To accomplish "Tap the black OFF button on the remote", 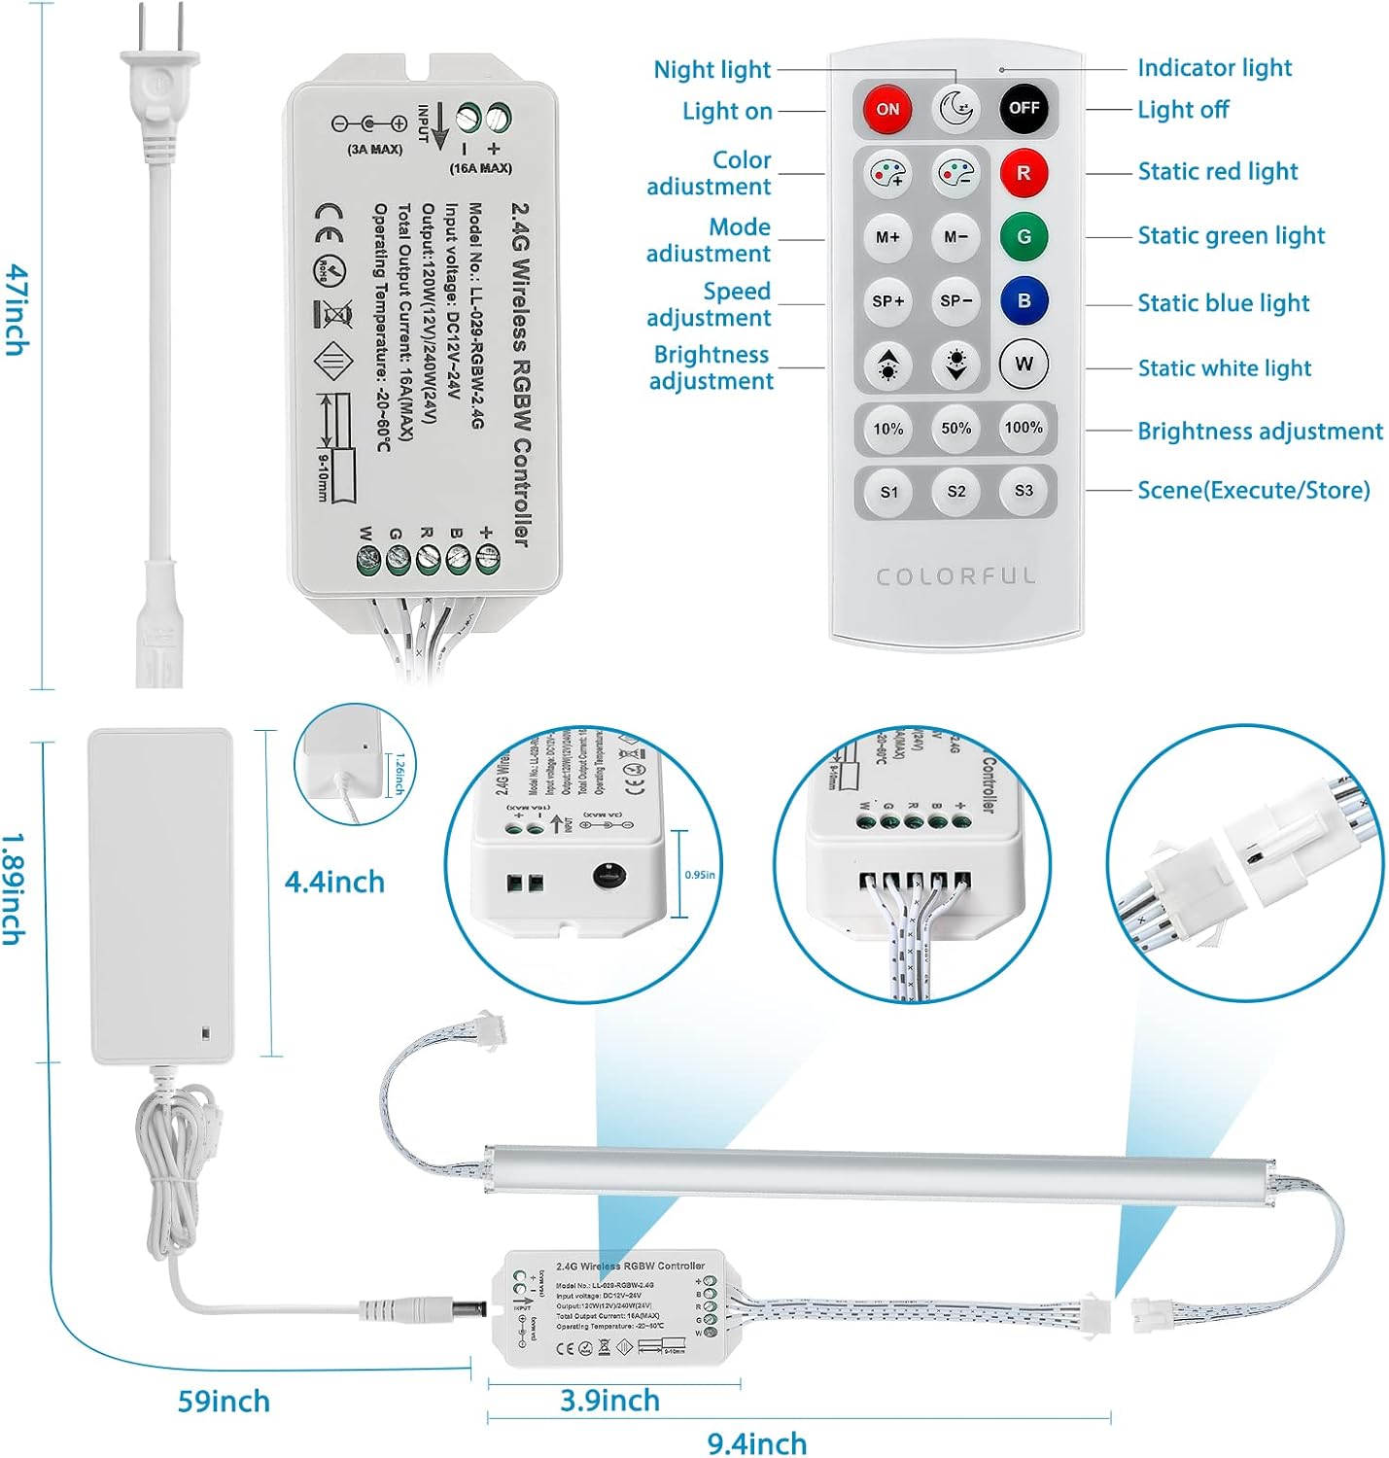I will pyautogui.click(x=1024, y=108).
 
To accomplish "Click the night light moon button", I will pyautogui.click(x=956, y=108).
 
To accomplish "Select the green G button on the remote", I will pyautogui.click(x=1024, y=236).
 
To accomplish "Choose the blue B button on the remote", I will pyautogui.click(x=1024, y=300).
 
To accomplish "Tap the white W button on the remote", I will pyautogui.click(x=1024, y=364).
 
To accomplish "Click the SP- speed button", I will pyautogui.click(x=956, y=300).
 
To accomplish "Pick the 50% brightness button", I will pyautogui.click(x=956, y=428).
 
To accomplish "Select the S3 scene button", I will pyautogui.click(x=1024, y=491).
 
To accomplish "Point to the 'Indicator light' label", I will pyautogui.click(x=1214, y=68).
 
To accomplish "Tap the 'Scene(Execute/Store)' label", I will pyautogui.click(x=1253, y=490).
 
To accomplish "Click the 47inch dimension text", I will pyautogui.click(x=17, y=309).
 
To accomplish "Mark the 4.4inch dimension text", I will pyautogui.click(x=334, y=883).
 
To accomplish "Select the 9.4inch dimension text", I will pyautogui.click(x=757, y=1443).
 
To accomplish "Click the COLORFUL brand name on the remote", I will pyautogui.click(x=956, y=576).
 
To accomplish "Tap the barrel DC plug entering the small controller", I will pyautogui.click(x=424, y=1309).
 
